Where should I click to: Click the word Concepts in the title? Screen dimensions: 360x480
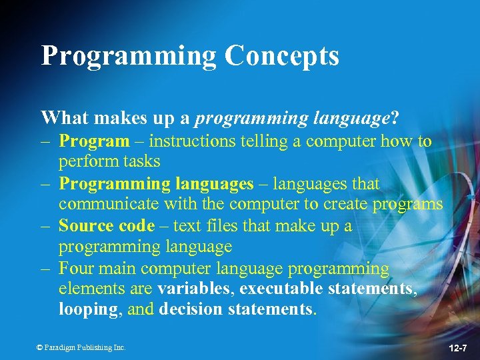click(x=281, y=56)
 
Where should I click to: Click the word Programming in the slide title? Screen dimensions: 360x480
click(x=129, y=56)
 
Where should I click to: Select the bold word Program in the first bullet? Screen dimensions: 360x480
click(x=94, y=141)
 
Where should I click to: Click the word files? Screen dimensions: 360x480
click(x=217, y=226)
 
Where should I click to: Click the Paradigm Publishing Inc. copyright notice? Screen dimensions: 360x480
click(x=81, y=347)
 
